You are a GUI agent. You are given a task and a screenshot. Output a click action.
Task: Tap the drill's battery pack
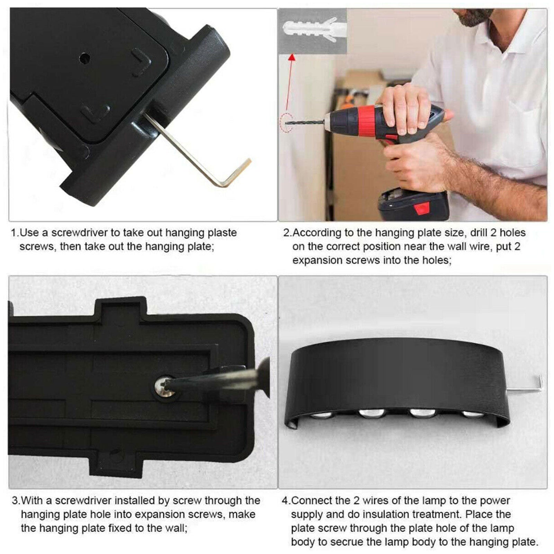[413, 205]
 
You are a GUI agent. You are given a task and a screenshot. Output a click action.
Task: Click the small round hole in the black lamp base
[84, 58]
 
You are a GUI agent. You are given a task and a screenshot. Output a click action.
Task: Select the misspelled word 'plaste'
[222, 233]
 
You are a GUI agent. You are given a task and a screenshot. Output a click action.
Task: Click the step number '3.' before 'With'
[16, 501]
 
